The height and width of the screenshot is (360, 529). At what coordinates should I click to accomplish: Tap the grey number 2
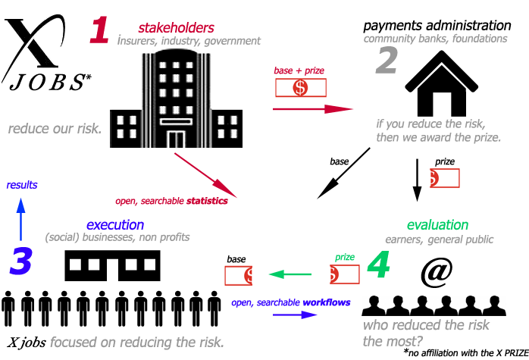[x=386, y=61]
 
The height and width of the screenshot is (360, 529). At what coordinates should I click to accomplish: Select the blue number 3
[x=21, y=260]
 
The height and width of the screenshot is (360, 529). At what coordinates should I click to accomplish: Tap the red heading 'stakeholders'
[x=176, y=28]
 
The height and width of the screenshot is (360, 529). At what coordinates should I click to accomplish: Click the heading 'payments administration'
[x=437, y=26]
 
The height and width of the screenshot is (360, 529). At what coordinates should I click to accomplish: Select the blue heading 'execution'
[x=114, y=224]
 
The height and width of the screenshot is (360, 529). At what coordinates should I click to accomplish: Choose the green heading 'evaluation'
[x=437, y=225]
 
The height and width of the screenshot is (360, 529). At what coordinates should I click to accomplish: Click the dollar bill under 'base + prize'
[x=301, y=88]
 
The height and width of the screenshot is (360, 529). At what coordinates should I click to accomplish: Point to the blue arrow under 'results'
[x=21, y=217]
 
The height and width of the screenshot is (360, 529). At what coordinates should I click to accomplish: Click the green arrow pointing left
[x=291, y=274]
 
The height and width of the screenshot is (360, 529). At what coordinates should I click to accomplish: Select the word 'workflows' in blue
[x=327, y=302]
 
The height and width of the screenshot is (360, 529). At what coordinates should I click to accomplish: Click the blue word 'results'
[x=22, y=185]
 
